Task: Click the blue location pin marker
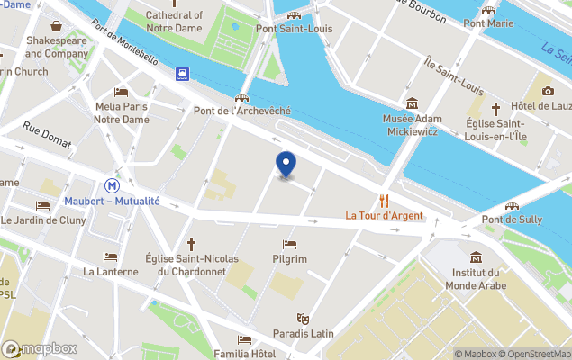(286, 165)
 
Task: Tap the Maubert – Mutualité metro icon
(112, 185)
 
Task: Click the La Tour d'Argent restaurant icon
(385, 200)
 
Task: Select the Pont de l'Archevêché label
(242, 111)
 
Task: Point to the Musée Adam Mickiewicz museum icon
(412, 103)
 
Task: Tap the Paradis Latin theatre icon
(304, 318)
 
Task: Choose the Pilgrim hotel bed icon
(289, 244)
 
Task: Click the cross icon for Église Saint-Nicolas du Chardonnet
(191, 244)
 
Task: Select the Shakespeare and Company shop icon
(57, 26)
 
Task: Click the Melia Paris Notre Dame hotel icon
(122, 92)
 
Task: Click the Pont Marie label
(489, 23)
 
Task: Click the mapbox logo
(40, 348)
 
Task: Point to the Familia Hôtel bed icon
(245, 339)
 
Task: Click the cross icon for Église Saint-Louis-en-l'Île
(495, 108)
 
